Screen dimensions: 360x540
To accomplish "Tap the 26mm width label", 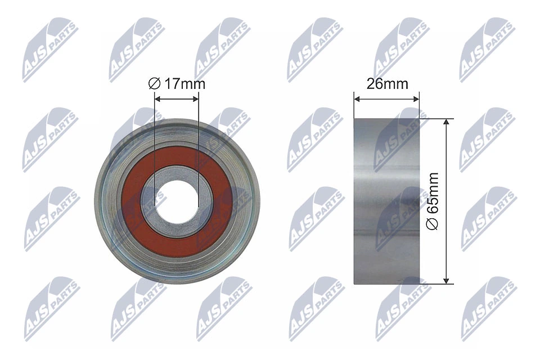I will (x=387, y=84).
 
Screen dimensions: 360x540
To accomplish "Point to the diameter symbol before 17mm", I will (x=154, y=84).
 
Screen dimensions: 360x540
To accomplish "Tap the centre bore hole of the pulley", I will (x=177, y=201).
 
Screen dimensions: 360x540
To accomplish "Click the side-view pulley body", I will (x=387, y=201).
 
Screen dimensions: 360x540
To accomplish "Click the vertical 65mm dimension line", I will (x=446, y=169).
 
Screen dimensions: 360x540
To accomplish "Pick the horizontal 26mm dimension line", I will (x=387, y=101).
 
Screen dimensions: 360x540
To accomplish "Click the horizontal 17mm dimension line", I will (x=177, y=98).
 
